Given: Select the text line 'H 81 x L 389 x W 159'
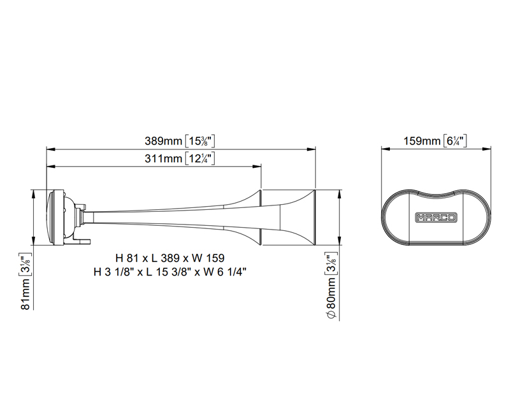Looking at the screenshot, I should (x=169, y=258).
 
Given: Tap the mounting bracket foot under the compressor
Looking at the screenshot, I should (x=82, y=240).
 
